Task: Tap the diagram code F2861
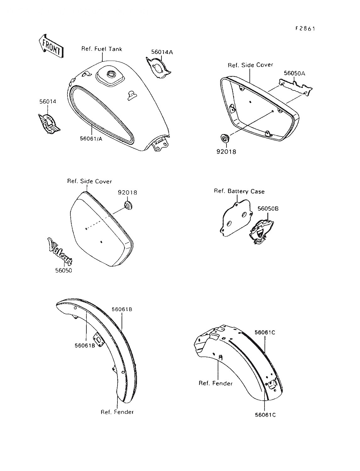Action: (x=305, y=29)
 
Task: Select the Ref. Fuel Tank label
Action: (x=101, y=49)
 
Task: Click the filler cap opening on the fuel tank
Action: (x=112, y=74)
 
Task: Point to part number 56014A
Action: (x=162, y=52)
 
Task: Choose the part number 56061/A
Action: (x=91, y=138)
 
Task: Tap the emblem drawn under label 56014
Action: (x=49, y=123)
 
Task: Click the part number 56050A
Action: (x=294, y=73)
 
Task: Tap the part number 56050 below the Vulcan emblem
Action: (x=63, y=271)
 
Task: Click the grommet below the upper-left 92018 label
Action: (x=128, y=205)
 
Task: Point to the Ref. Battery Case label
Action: (x=239, y=191)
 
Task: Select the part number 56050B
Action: (x=268, y=208)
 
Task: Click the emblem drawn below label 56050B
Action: (x=261, y=232)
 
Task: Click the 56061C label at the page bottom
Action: (x=265, y=415)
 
